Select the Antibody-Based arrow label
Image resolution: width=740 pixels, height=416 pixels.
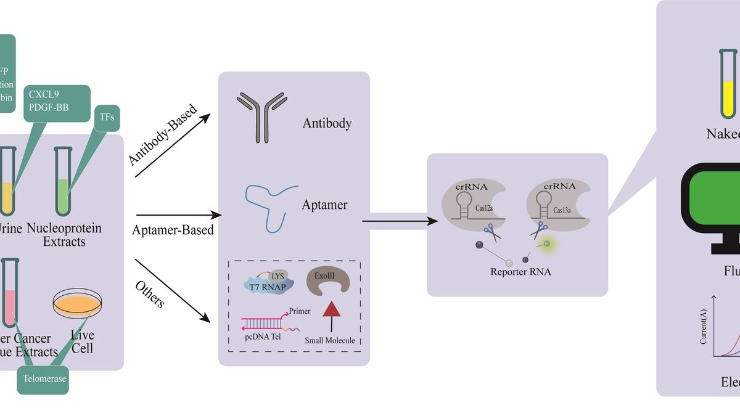163,135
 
